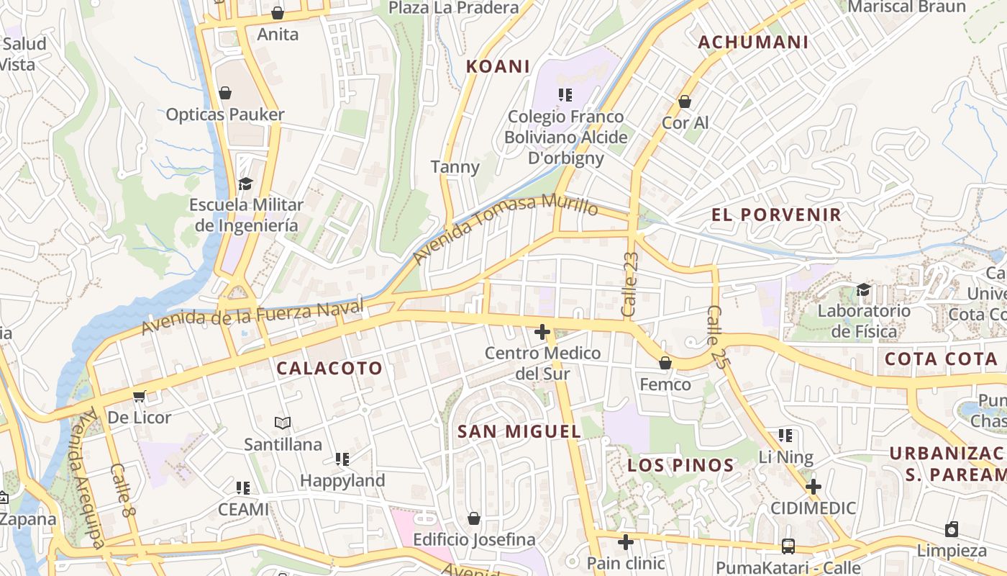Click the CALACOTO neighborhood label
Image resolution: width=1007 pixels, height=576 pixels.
click(329, 368)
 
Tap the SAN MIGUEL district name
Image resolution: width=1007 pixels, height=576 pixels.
click(519, 431)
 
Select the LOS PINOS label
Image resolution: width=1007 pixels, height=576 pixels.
click(680, 465)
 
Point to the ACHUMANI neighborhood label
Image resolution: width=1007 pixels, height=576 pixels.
click(753, 42)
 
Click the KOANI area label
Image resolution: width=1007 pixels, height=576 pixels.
click(498, 66)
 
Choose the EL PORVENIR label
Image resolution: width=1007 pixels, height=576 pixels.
click(776, 215)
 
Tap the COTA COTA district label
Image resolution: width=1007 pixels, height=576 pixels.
click(941, 359)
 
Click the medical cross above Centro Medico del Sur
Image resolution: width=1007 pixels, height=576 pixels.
click(542, 332)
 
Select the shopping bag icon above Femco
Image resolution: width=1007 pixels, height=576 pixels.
click(665, 363)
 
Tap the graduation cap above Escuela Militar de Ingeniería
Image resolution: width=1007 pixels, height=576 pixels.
click(245, 184)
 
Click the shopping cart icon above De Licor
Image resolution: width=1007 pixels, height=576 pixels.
click(140, 396)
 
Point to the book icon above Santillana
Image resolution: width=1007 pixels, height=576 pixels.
click(283, 423)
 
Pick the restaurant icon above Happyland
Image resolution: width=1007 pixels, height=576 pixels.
click(342, 459)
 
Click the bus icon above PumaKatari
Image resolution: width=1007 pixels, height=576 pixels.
click(788, 546)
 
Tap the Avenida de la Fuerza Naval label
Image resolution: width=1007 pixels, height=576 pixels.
click(254, 318)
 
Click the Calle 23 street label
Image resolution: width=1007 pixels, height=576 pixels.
click(630, 284)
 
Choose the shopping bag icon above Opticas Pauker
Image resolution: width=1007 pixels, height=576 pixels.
click(225, 93)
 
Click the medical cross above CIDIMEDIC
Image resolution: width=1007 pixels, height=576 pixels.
click(813, 487)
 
